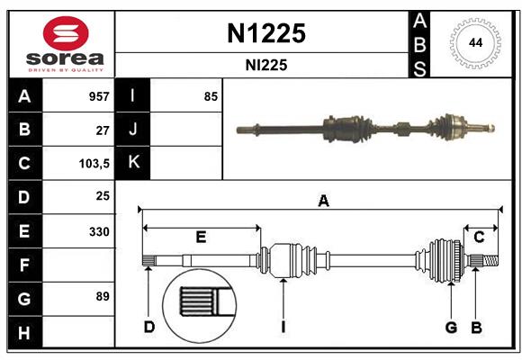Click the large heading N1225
tap(264, 33)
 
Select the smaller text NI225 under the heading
tap(264, 65)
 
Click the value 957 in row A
tap(99, 96)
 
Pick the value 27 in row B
tap(103, 130)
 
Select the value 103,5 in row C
tap(94, 164)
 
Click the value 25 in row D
tap(103, 196)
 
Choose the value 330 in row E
tap(99, 231)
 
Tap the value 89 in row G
tap(103, 296)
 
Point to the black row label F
tap(24, 265)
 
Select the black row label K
tap(133, 163)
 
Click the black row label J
tap(133, 130)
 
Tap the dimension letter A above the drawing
tap(322, 202)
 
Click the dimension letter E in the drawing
tap(201, 238)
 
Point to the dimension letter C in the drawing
tap(479, 238)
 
